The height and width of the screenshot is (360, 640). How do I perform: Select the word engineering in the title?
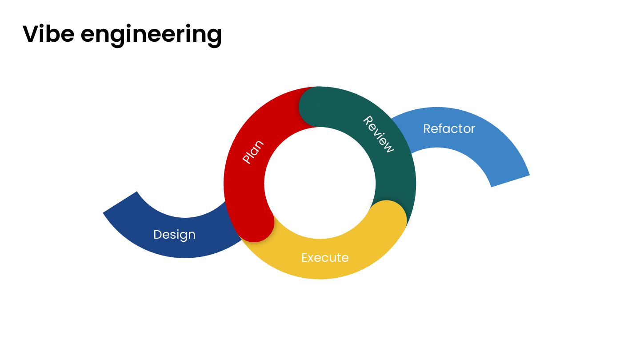coord(151,36)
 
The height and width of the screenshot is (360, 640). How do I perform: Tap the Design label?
coord(174,234)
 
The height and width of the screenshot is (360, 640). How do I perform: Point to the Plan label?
coord(253,152)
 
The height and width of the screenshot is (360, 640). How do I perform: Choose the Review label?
coord(378,134)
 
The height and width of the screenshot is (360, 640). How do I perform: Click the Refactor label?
coord(449,128)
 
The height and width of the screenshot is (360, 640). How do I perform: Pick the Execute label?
coord(325,257)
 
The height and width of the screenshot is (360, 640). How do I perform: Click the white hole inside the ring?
coord(320,182)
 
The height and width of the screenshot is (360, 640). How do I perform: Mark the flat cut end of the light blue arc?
coord(510,181)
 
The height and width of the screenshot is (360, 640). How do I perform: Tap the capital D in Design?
coord(157,234)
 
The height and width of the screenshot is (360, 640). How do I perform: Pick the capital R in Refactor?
coord(427,128)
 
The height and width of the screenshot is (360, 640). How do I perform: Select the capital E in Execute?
coord(305,257)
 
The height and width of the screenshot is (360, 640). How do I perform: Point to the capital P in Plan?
coord(247,159)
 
